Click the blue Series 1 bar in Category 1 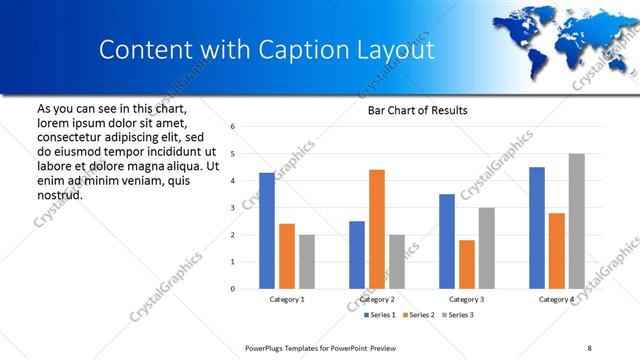click(x=267, y=231)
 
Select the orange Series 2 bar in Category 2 click(x=377, y=229)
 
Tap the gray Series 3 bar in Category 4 click(x=576, y=221)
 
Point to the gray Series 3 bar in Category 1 click(x=306, y=262)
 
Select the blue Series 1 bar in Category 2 click(x=357, y=255)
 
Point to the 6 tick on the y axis click(x=232, y=127)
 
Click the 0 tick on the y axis click(x=232, y=289)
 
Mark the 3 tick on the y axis click(x=232, y=208)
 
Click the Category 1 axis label click(x=287, y=299)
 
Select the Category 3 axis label click(x=467, y=299)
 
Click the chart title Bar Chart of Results click(x=411, y=110)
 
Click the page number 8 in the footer click(x=589, y=347)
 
